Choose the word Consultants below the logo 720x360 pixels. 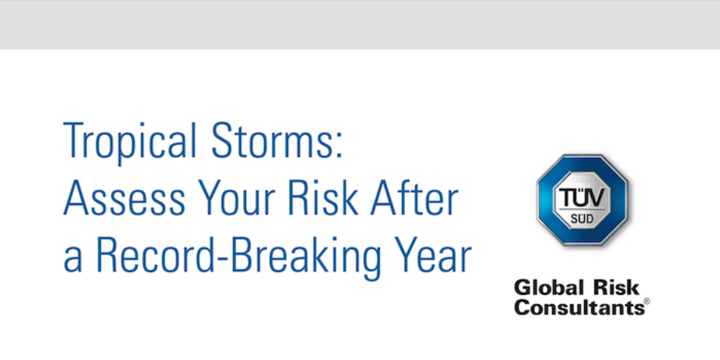[x=577, y=309]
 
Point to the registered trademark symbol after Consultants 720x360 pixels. [x=645, y=303]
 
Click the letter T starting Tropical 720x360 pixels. [x=72, y=142]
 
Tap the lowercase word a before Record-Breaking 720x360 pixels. [x=71, y=262]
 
